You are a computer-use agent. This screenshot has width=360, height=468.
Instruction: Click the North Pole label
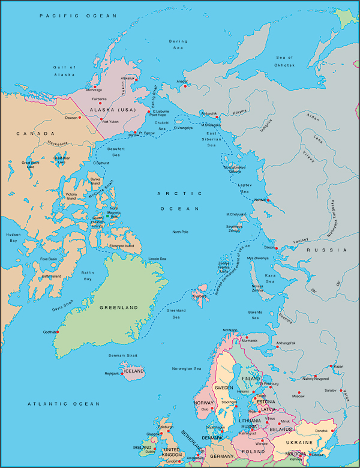(x=181, y=232)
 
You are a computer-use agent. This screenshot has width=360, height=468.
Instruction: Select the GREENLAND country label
(x=119, y=308)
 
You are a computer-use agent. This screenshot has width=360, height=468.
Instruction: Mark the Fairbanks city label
(x=99, y=98)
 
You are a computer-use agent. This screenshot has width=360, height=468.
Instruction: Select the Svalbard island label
(x=199, y=295)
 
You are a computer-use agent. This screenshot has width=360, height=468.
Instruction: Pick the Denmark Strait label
(x=124, y=355)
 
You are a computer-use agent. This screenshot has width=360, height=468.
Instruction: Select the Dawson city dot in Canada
(x=79, y=118)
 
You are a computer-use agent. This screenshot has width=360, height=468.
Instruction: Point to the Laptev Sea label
(x=246, y=188)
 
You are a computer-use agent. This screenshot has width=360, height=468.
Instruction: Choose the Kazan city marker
(x=331, y=365)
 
